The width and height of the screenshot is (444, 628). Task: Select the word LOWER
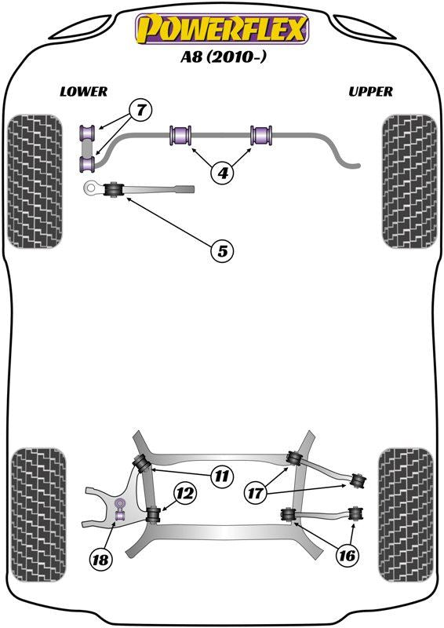[83, 91]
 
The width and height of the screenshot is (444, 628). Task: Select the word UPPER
[370, 91]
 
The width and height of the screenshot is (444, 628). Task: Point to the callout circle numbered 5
[222, 251]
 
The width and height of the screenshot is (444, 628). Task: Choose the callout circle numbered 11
[222, 474]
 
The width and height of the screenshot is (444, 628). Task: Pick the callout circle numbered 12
[184, 494]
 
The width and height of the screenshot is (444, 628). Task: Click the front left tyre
[34, 181]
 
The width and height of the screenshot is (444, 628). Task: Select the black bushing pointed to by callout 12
[153, 515]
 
